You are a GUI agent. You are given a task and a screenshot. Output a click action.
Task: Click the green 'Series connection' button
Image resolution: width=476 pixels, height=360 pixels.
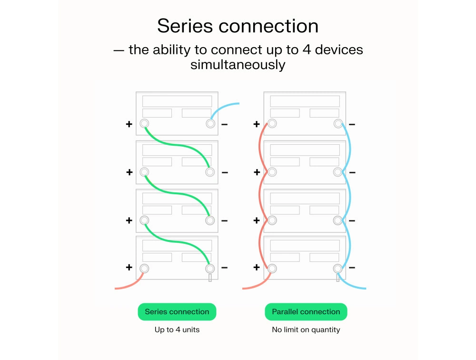[177, 312]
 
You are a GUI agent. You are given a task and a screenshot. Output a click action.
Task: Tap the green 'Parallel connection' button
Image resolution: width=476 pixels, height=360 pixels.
[306, 312]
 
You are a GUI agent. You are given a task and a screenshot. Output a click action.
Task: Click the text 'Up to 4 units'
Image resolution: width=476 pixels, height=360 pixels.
[177, 330]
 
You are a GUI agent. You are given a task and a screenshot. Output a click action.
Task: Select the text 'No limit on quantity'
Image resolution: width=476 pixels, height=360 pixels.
[306, 330]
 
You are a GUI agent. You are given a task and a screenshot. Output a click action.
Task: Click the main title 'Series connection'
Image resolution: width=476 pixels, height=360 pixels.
[238, 26]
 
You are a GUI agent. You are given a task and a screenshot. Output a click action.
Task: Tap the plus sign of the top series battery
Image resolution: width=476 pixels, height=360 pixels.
[129, 124]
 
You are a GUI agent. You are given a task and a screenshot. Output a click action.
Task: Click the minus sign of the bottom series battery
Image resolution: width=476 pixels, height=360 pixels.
[225, 268]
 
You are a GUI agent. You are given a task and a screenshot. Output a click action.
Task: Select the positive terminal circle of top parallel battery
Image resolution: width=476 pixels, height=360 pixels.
[272, 124]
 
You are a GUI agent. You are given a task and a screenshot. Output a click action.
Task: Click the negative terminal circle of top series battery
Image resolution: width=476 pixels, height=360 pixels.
[210, 124]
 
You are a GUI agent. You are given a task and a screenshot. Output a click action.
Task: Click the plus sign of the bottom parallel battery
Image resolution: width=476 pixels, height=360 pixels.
[257, 268]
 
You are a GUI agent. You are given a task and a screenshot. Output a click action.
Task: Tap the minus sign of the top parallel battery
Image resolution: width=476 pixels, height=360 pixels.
[352, 124]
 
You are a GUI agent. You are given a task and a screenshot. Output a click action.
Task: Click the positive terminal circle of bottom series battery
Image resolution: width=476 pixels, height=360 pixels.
[144, 268]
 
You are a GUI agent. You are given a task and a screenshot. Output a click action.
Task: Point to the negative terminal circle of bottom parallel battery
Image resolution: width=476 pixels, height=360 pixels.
[338, 268]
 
